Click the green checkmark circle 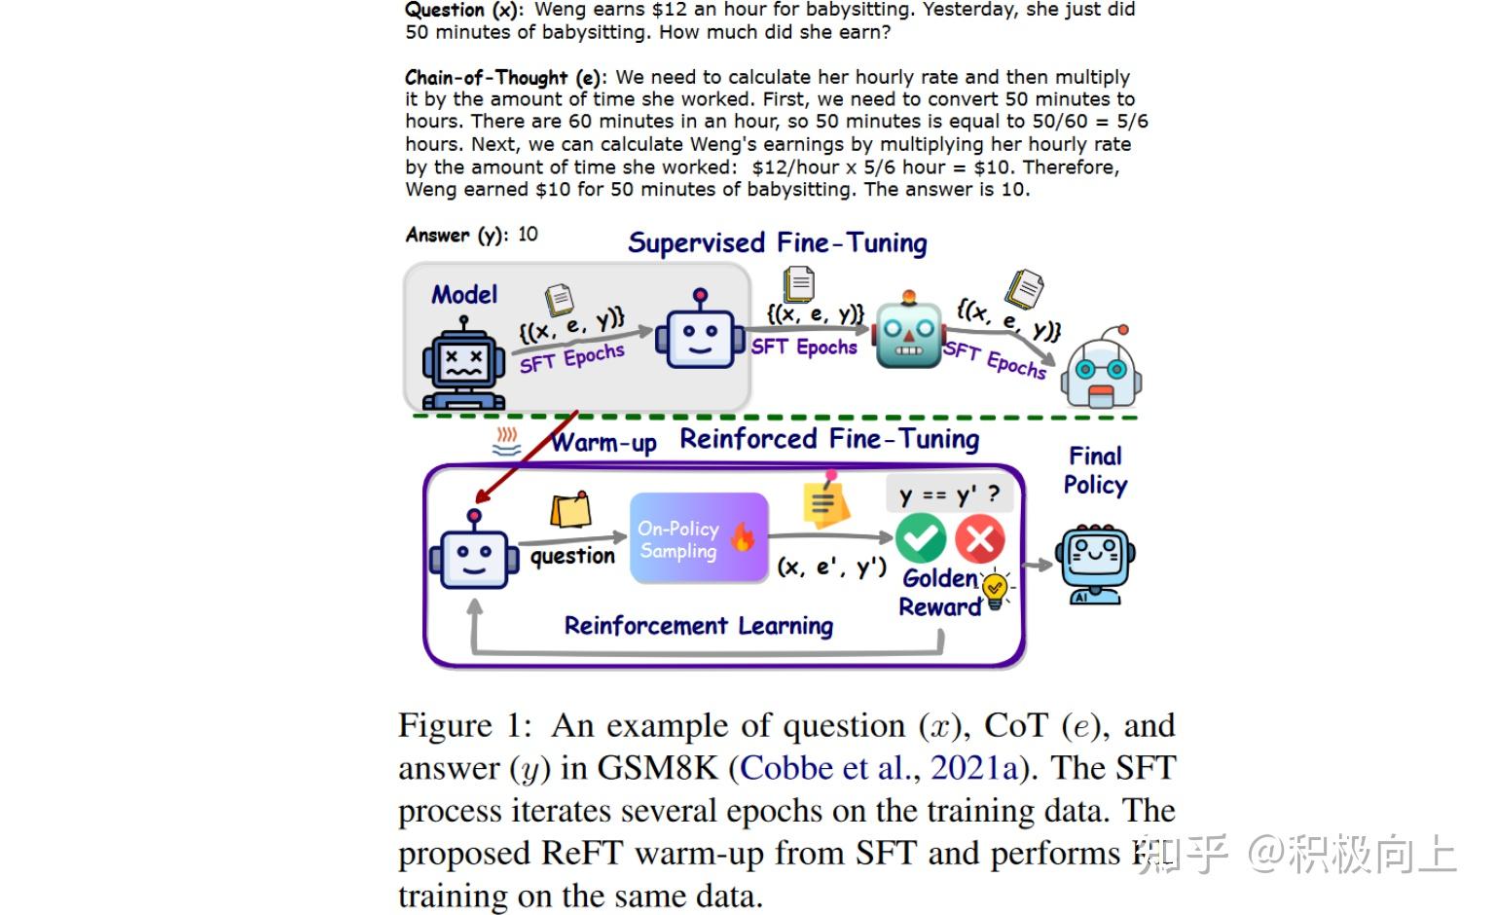pyautogui.click(x=920, y=538)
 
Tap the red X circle pyautogui.click(x=979, y=538)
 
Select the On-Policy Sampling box pyautogui.click(x=698, y=539)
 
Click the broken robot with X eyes pyautogui.click(x=463, y=367)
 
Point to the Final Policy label pyautogui.click(x=1095, y=470)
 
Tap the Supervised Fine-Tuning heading pyautogui.click(x=777, y=242)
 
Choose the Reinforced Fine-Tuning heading pyautogui.click(x=829, y=439)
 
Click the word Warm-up pyautogui.click(x=603, y=443)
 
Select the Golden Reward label pyautogui.click(x=939, y=592)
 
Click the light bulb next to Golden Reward pyautogui.click(x=995, y=590)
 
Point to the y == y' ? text pyautogui.click(x=948, y=494)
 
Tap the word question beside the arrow pyautogui.click(x=572, y=556)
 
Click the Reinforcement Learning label pyautogui.click(x=698, y=625)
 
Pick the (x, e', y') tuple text pyautogui.click(x=831, y=567)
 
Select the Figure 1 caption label pyautogui.click(x=464, y=726)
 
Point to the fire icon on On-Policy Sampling pyautogui.click(x=743, y=536)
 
